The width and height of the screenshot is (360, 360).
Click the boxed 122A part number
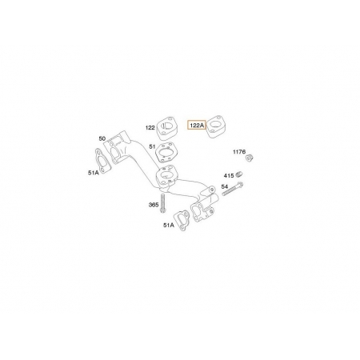(x=197, y=125)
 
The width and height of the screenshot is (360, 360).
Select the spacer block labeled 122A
(x=216, y=126)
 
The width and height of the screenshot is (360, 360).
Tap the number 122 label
(x=150, y=128)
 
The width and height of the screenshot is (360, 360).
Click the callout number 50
(x=102, y=138)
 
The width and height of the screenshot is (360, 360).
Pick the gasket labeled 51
(x=167, y=152)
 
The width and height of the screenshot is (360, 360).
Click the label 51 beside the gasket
(x=152, y=146)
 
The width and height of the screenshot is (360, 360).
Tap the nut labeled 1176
(x=249, y=158)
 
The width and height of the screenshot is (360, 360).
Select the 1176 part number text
(x=239, y=152)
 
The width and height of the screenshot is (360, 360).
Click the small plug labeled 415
(x=239, y=174)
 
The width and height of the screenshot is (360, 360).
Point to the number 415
(x=229, y=176)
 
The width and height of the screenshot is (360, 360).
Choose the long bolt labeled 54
(x=232, y=189)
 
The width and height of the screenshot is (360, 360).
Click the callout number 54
(x=225, y=186)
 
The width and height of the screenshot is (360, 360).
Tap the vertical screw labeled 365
(x=162, y=203)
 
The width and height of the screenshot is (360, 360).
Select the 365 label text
(x=154, y=205)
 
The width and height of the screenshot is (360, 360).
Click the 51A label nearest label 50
(x=94, y=173)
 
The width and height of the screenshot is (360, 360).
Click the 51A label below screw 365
(x=169, y=225)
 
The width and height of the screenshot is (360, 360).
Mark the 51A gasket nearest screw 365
(x=182, y=220)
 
